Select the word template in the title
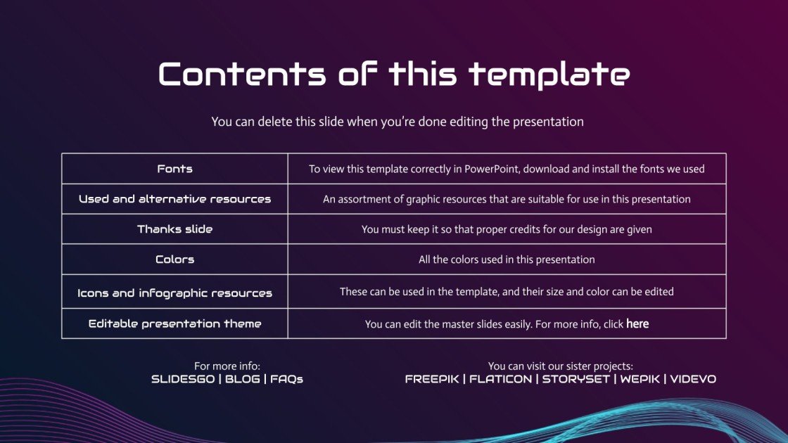point(549,74)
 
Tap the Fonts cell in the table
point(174,169)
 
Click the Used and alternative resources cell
point(174,199)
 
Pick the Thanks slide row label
point(174,229)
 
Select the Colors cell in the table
point(174,259)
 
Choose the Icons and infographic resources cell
point(174,293)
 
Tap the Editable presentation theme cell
point(174,323)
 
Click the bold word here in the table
point(637,324)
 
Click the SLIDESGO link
point(183,379)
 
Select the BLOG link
point(243,379)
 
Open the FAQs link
point(287,379)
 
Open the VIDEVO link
point(693,379)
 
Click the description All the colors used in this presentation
point(507,259)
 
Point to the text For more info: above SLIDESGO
point(227,366)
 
